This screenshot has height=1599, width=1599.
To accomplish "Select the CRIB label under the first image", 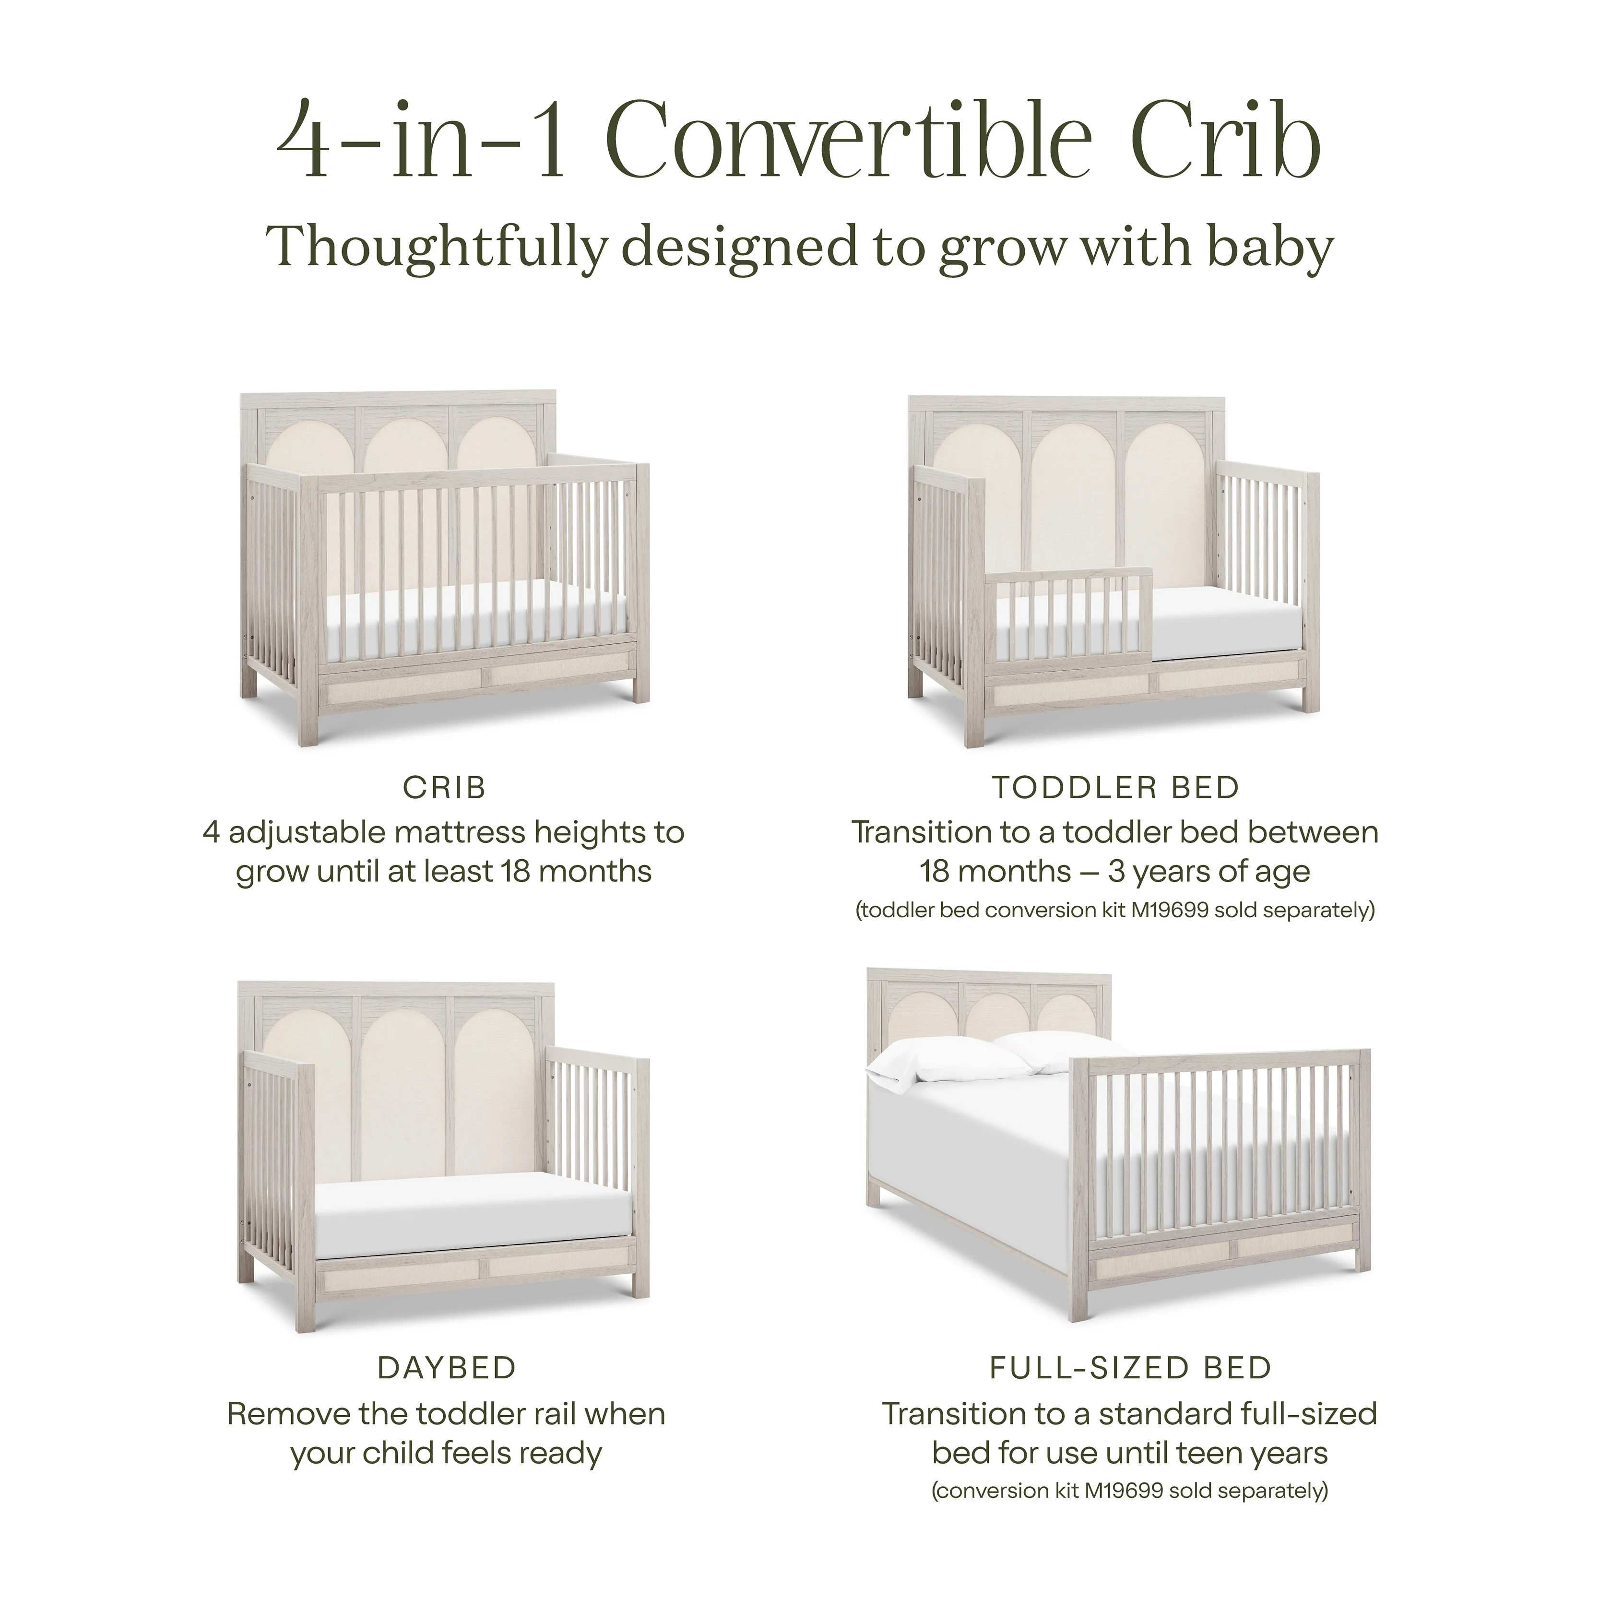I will click(x=444, y=787).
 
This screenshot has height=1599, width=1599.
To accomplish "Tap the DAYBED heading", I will click(x=447, y=1368).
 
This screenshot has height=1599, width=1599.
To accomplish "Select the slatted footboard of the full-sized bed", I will click(x=1225, y=1159).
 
